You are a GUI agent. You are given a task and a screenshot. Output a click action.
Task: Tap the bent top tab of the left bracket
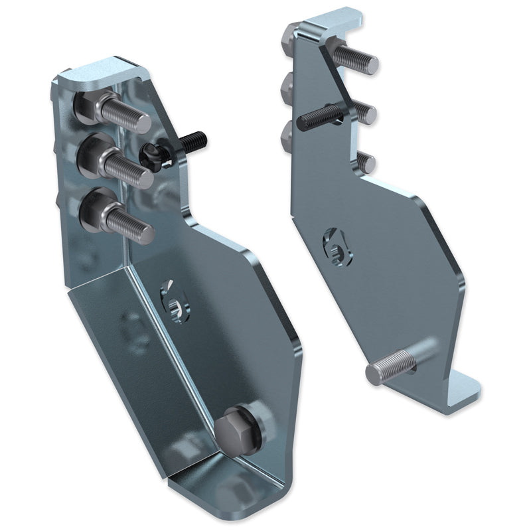[x=103, y=73]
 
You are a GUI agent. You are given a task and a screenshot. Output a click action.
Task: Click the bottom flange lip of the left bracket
[x=219, y=491]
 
